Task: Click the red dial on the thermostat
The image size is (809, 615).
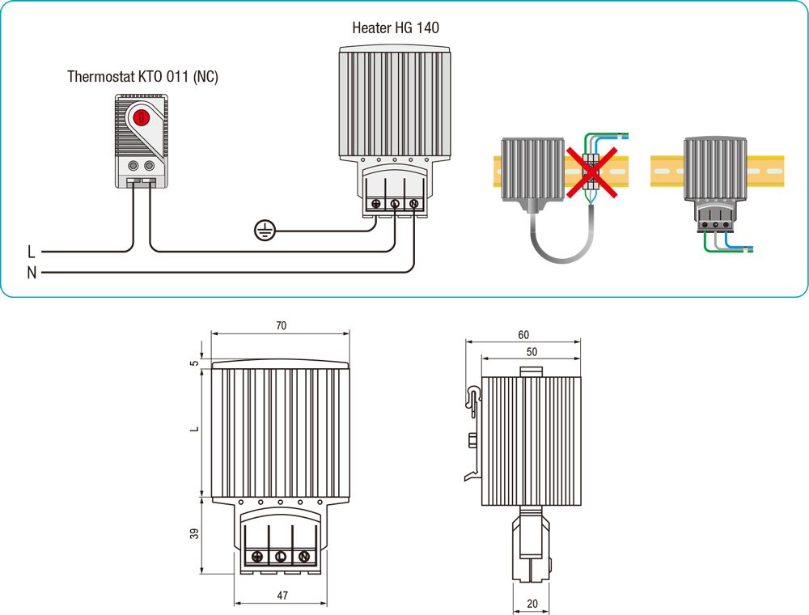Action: click(142, 117)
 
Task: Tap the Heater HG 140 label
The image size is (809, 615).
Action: click(396, 28)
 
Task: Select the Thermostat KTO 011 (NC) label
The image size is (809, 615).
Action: click(142, 78)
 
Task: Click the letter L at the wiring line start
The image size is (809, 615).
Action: click(32, 252)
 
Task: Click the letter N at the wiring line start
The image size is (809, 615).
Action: click(32, 273)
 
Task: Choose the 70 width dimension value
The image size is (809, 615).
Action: click(281, 326)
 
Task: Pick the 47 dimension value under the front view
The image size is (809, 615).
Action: click(282, 596)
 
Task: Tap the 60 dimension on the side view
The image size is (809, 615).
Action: click(523, 335)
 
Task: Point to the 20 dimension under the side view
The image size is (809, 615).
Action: click(531, 604)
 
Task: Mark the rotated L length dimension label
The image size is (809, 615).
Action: click(194, 429)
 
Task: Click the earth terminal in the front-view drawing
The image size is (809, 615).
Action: click(257, 557)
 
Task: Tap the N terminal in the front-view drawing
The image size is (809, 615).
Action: click(303, 557)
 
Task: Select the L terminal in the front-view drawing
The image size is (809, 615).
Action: click(280, 557)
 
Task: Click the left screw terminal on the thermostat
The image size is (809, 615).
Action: click(133, 166)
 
